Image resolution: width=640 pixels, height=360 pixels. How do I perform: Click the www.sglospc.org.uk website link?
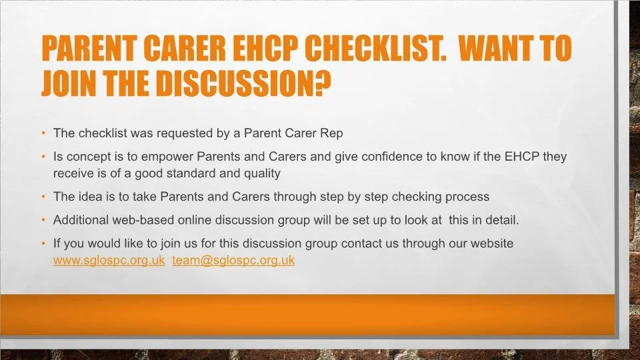[109, 261]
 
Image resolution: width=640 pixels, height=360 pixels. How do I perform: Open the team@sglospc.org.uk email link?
[233, 261]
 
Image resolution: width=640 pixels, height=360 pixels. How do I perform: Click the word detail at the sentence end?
[501, 220]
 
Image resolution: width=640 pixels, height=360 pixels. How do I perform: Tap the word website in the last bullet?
[489, 244]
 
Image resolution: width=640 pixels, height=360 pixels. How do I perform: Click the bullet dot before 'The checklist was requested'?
[43, 133]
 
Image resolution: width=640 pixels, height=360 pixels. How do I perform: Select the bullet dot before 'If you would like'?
[43, 244]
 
